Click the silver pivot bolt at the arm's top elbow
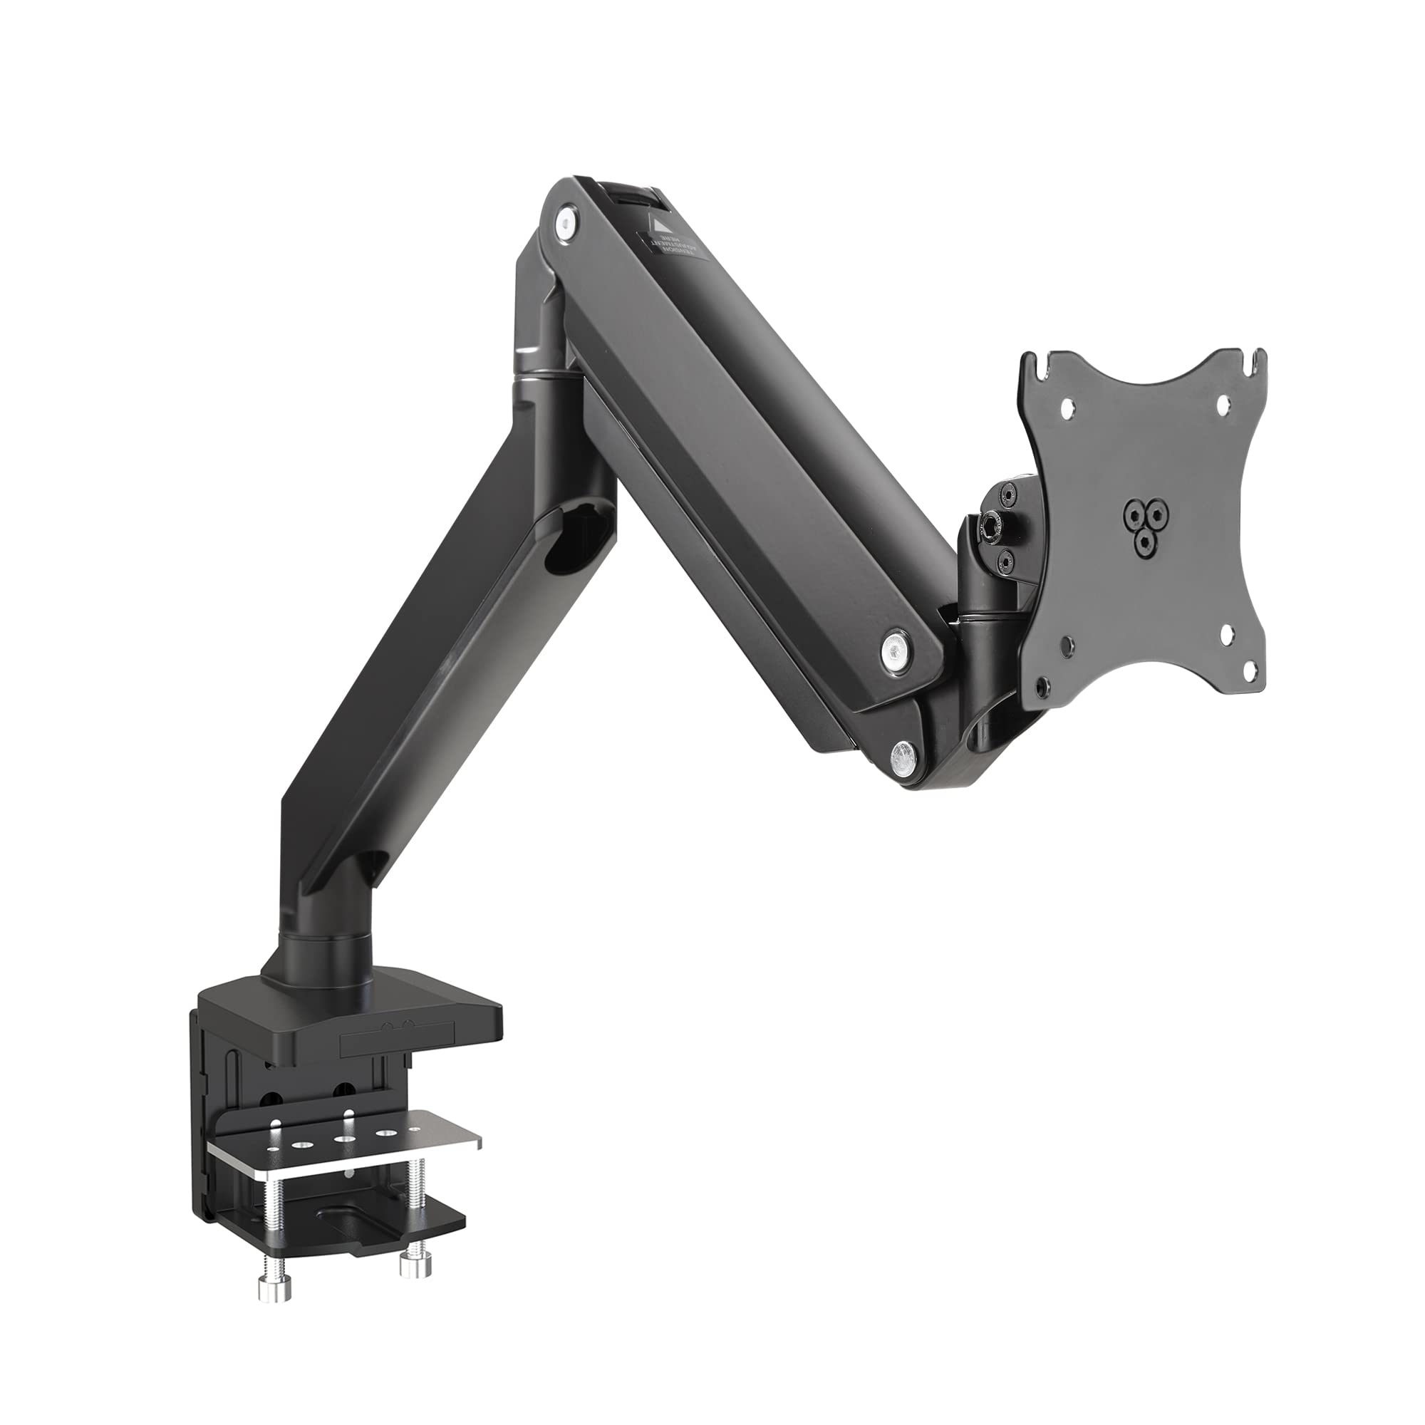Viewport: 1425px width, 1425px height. [x=566, y=222]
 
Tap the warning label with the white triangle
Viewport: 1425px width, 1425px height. [x=672, y=243]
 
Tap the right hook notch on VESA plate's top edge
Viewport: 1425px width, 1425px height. [x=1255, y=358]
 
